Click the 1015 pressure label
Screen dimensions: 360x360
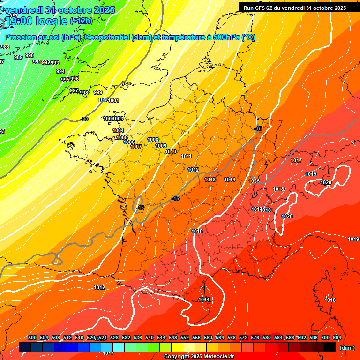click(197, 232)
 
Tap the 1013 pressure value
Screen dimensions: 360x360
click(210, 180)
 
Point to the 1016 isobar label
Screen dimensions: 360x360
click(254, 181)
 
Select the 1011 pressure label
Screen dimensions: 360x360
click(187, 157)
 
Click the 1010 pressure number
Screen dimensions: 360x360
click(171, 152)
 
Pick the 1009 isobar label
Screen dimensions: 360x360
click(161, 146)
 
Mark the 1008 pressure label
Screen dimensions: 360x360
click(153, 140)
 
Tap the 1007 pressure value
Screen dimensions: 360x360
click(136, 147)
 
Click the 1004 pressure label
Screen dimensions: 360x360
click(118, 131)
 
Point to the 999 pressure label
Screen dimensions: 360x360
click(98, 92)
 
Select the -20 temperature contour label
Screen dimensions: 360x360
click(84, 120)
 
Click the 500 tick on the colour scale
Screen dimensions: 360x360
click(32, 338)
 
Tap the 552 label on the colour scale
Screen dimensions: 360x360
click(185, 338)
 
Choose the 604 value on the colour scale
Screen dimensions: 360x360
click(337, 338)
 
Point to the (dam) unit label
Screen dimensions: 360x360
click(347, 348)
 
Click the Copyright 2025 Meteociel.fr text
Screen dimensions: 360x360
click(199, 357)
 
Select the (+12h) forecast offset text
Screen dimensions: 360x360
click(81, 21)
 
